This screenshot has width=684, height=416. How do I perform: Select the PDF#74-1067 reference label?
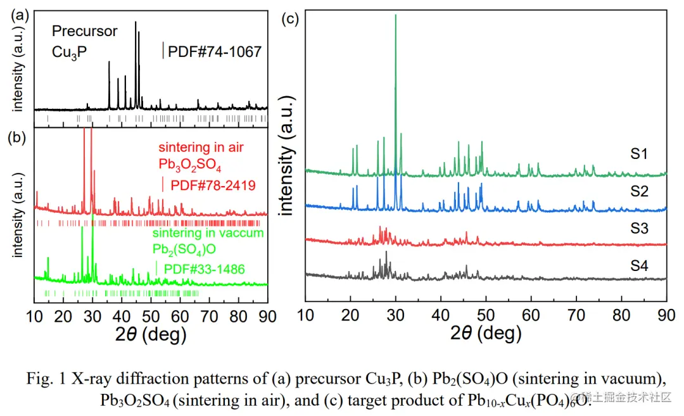[x=214, y=52]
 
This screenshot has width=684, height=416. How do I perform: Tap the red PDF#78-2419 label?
[x=213, y=186]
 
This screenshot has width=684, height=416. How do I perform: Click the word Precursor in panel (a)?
[x=84, y=31]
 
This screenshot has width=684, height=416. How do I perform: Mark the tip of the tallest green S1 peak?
[x=396, y=15]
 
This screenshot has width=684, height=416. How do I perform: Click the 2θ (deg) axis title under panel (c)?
[x=486, y=333]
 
